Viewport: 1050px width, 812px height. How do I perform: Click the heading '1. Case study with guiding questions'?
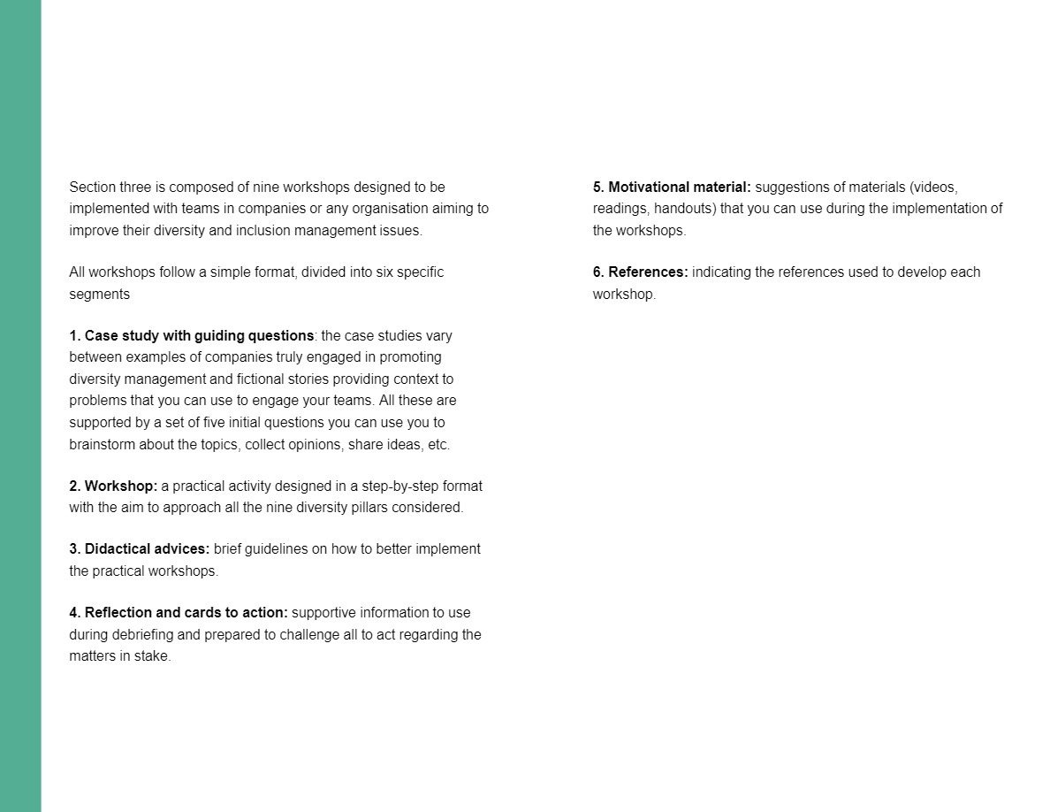(192, 336)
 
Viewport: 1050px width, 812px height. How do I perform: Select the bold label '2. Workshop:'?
(113, 486)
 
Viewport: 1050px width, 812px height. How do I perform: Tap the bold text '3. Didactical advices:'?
(140, 549)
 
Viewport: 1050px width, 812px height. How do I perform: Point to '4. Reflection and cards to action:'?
(179, 613)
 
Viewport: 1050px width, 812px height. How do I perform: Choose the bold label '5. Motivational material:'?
(672, 188)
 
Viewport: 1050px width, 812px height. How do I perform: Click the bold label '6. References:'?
(640, 272)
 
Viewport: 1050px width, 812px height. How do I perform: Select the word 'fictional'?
(265, 379)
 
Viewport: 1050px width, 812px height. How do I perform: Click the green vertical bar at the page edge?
(20, 406)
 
